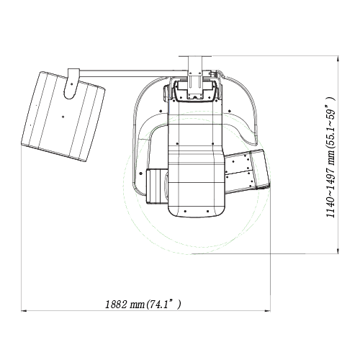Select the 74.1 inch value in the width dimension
pos(158,305)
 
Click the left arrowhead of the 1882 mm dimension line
pos(24,311)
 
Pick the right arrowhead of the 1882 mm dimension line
pos(268,311)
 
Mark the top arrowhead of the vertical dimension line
pos(338,58)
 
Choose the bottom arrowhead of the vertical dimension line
pos(338,251)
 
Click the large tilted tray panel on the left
pos(63,117)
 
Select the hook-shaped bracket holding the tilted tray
pos(71,84)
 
